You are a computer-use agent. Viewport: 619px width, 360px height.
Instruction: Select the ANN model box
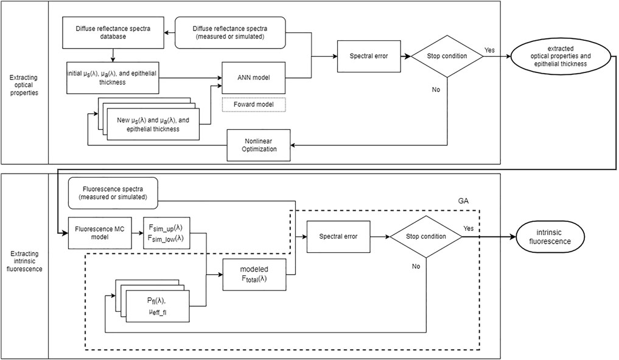pos(254,77)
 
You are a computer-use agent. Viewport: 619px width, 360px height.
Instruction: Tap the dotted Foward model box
pos(254,105)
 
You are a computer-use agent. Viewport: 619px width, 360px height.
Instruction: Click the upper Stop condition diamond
pos(447,56)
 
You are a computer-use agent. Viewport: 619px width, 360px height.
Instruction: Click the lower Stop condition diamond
pos(426,236)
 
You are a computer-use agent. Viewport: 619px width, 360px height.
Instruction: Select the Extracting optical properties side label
pos(25,82)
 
